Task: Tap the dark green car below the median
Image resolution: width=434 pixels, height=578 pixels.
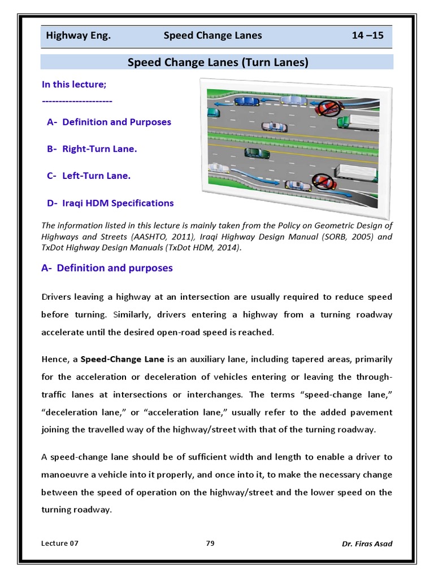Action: pos(253,152)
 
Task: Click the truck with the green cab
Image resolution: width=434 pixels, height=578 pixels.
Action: pos(354,121)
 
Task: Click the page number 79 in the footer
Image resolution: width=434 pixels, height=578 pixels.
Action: pos(210,543)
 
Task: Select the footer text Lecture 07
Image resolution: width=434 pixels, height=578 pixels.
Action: pos(60,543)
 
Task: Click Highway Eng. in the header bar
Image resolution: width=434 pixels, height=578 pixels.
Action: pos(78,36)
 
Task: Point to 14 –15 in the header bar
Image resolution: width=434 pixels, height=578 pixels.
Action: pos(367,36)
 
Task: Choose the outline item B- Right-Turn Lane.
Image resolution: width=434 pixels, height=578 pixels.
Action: pos(92,149)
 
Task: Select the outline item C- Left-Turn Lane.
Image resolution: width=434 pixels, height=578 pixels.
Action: pos(89,176)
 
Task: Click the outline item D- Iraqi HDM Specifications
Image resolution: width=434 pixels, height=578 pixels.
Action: pos(110,203)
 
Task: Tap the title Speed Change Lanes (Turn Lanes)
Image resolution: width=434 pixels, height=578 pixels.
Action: pos(218,62)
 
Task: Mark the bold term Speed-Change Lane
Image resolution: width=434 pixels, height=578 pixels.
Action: pos(115,359)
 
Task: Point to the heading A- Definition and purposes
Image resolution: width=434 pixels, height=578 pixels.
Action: pos(107,268)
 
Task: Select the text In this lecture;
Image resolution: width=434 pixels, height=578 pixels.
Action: pos(74,84)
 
